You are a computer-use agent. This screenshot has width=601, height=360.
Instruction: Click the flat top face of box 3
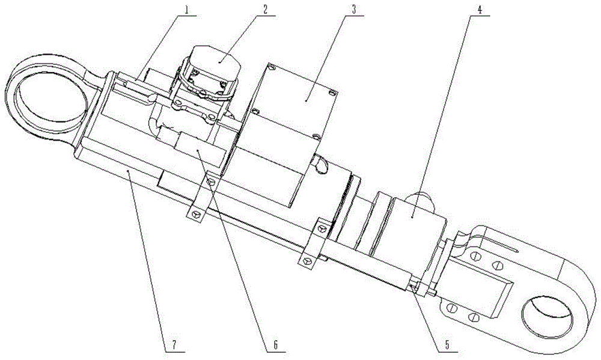pos(294,96)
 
